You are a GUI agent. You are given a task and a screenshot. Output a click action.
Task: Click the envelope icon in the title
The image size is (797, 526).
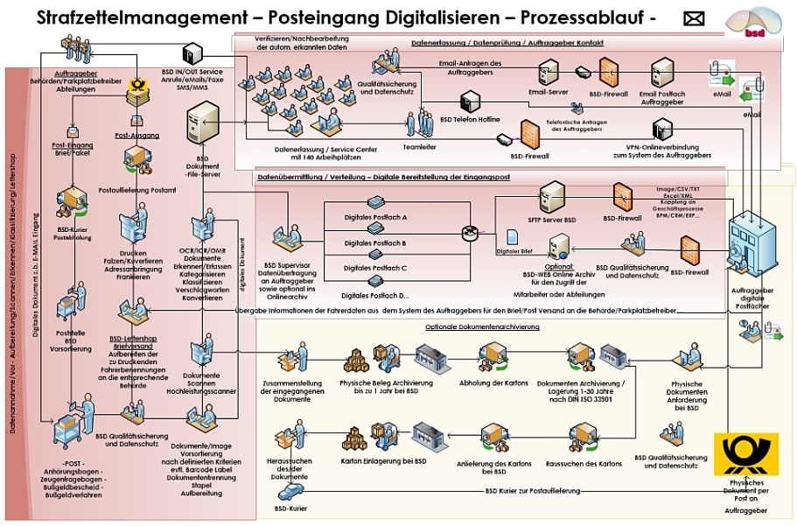click(x=694, y=19)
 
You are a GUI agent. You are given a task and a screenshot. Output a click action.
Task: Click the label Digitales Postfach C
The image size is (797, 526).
click(x=375, y=267)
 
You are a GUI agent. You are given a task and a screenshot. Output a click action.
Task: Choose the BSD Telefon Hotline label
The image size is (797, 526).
click(x=470, y=118)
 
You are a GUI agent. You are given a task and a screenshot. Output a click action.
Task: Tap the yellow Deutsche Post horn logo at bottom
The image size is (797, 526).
click(x=745, y=453)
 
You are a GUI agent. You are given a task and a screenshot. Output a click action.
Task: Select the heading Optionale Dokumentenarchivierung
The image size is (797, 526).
click(x=482, y=326)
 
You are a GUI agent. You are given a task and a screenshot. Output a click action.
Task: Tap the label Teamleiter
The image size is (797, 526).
click(x=419, y=147)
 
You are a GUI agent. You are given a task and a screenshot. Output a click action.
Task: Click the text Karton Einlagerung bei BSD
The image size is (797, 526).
click(x=383, y=460)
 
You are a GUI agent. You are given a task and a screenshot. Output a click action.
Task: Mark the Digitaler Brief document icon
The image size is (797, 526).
click(x=514, y=238)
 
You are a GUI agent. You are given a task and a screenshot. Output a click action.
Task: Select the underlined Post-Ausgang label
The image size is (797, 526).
click(x=137, y=136)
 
